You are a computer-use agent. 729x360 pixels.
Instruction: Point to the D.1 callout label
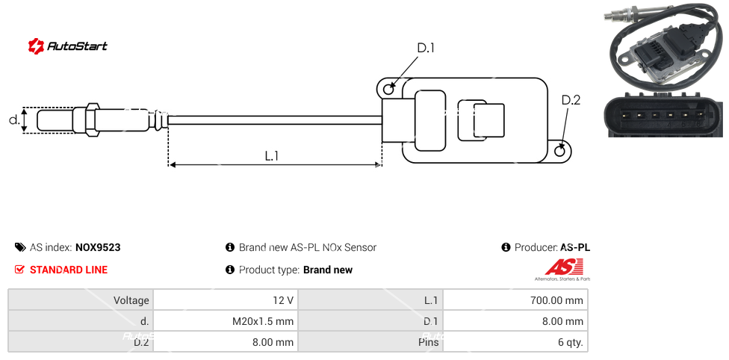pos(426,48)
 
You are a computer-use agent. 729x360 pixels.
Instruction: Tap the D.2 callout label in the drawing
pos(571,100)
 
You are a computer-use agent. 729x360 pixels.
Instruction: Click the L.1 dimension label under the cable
pos(272,155)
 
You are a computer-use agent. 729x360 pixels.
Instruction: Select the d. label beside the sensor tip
pos(13,119)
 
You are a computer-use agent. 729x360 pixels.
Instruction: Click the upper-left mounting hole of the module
pos(388,90)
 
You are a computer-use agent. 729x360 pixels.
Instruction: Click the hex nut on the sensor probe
pos(93,120)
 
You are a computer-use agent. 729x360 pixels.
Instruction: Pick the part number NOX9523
pos(98,247)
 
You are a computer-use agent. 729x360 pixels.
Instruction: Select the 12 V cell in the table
pos(283,300)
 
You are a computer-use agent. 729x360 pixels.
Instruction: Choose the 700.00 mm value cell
pos(553,300)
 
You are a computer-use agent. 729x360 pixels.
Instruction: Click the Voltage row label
pos(131,300)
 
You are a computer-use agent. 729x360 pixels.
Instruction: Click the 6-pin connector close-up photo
pos(662,116)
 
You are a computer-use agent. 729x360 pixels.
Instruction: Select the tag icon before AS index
pos(19,247)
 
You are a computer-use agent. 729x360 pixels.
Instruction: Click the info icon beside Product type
pos(230,270)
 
